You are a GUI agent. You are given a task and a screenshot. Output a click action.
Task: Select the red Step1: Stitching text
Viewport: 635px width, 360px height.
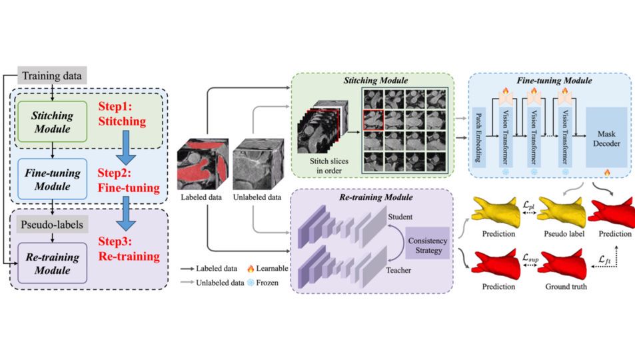pos(123,115)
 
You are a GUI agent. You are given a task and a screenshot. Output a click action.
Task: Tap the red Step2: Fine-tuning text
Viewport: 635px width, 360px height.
pos(129,181)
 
